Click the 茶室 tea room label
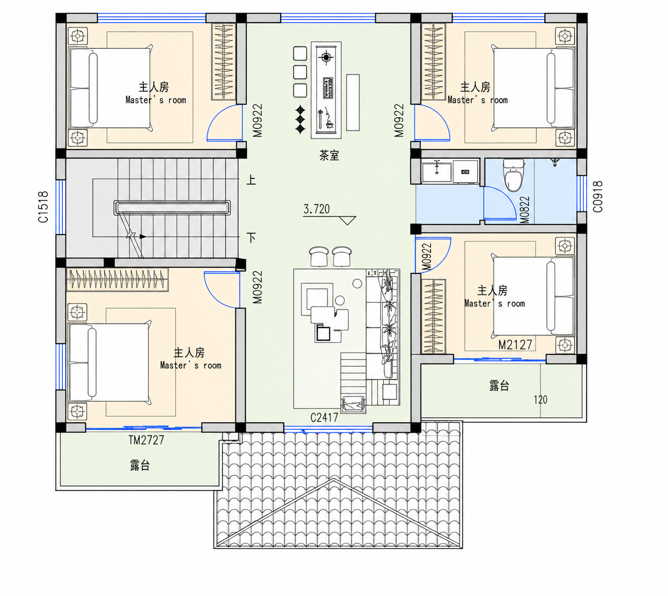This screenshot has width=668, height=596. point(329,156)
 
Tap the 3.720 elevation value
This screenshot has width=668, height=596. point(316,209)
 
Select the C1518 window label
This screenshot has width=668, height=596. point(43,207)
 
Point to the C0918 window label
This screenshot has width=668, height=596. point(598,196)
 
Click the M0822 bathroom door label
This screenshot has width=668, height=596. point(525,210)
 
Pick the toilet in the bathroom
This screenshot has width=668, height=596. point(513,175)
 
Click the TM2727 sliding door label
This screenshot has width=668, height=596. point(146,440)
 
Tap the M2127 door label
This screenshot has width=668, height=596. point(515,345)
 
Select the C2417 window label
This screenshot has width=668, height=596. point(324,417)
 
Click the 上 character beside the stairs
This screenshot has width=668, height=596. point(251,180)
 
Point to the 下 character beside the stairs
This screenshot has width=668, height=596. point(252,237)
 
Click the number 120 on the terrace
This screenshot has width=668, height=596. point(540,400)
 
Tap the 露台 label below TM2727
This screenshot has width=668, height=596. point(140,465)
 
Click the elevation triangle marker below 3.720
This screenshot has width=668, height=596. point(347,220)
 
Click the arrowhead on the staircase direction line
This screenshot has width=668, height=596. point(143,237)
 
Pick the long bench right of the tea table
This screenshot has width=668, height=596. point(353,102)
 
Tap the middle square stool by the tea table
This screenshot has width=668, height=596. point(300,72)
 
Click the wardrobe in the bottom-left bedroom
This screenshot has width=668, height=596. point(117,279)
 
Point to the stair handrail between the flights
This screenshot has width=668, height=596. point(172,207)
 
